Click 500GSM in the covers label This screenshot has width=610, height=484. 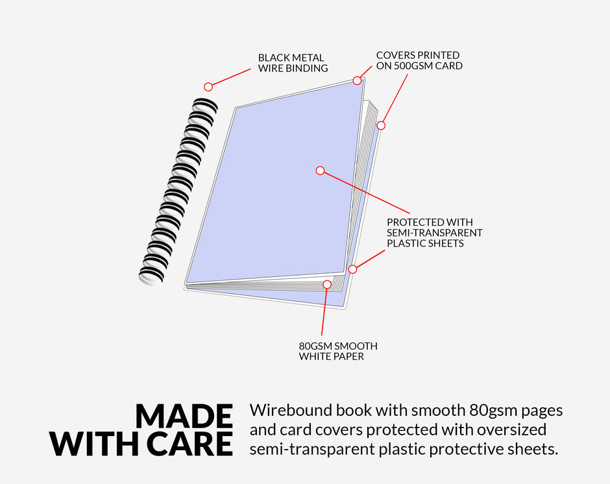click(413, 66)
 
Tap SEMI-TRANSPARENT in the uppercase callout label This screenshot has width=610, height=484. click(435, 233)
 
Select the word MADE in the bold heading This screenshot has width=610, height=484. click(184, 417)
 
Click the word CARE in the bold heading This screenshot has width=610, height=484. click(191, 444)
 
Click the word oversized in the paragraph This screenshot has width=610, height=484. click(512, 430)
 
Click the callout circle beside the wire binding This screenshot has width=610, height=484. click(208, 87)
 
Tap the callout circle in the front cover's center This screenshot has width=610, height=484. click(320, 171)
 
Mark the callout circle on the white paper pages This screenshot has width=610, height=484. click(327, 284)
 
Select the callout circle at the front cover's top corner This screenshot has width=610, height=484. click(357, 80)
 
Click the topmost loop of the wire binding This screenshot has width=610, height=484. click(206, 104)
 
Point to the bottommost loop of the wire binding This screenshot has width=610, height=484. click(151, 276)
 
